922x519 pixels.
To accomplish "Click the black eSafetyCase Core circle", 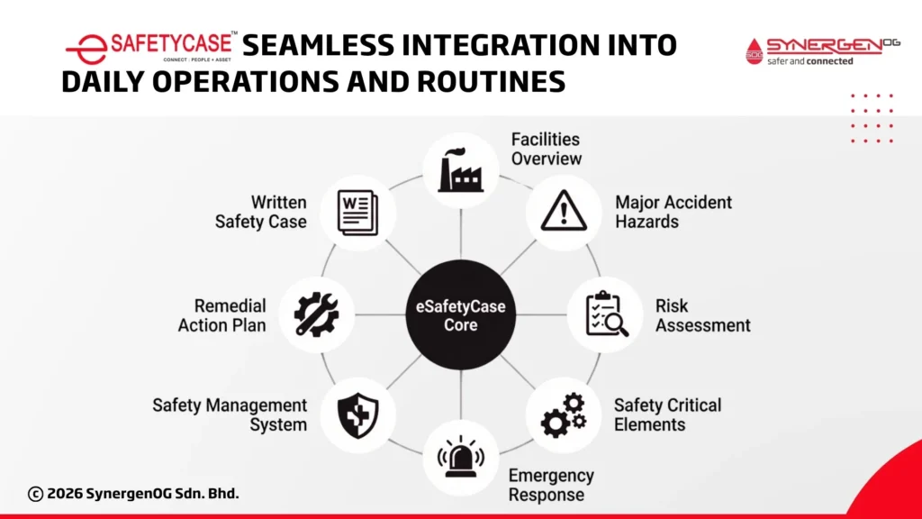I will (x=461, y=315).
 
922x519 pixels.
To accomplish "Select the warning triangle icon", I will (x=564, y=212).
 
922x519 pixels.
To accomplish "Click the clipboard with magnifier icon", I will (x=606, y=315).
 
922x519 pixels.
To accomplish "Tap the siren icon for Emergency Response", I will (x=461, y=457).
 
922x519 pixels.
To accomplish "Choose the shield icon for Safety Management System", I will (x=357, y=415).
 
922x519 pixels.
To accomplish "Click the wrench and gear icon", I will (x=317, y=315).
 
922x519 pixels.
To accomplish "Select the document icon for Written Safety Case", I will (x=357, y=212).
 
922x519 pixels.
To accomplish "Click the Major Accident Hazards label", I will (x=673, y=212).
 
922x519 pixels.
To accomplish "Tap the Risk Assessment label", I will (x=702, y=315).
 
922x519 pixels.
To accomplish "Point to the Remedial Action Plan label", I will (x=221, y=315).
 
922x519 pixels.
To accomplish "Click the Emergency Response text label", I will (x=551, y=485).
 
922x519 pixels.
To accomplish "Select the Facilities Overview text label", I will (x=546, y=149).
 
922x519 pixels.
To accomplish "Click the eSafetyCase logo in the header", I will (x=151, y=46).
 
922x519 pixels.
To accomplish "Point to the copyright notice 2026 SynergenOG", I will (x=134, y=494).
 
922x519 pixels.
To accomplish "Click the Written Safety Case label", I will (x=260, y=212).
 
